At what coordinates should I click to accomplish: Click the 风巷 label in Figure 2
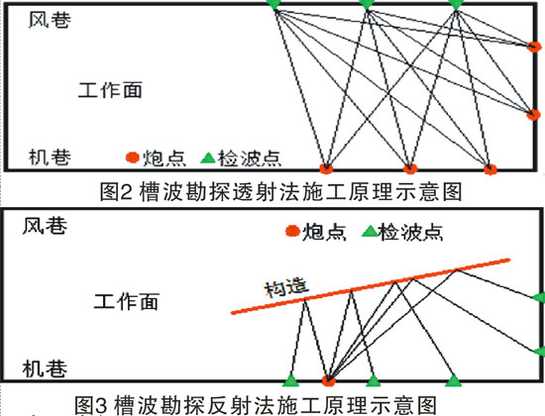click(x=50, y=20)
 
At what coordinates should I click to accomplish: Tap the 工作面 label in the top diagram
click(x=110, y=90)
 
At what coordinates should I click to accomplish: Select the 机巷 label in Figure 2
click(x=50, y=157)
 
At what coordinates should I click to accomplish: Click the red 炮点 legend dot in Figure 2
click(x=133, y=157)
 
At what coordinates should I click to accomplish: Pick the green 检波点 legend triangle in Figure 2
click(x=208, y=158)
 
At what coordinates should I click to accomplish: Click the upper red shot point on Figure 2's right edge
click(x=534, y=47)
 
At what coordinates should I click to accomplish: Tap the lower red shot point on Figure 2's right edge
click(x=533, y=114)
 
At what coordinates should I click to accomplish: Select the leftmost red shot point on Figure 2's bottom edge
click(x=326, y=168)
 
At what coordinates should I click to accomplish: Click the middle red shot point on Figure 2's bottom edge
click(x=410, y=169)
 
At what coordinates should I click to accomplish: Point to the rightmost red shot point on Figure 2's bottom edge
click(x=490, y=169)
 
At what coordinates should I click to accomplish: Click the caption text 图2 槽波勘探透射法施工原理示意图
click(x=280, y=192)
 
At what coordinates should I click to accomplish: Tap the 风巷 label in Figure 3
click(x=45, y=226)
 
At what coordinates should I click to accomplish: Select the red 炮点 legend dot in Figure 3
click(x=292, y=231)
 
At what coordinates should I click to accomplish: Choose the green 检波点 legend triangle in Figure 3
click(x=370, y=232)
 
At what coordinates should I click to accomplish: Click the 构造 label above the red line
click(x=286, y=288)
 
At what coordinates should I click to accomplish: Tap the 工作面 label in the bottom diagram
click(x=127, y=301)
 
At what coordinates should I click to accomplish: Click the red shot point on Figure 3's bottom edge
click(x=328, y=381)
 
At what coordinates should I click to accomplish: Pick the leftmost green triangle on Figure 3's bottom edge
click(x=291, y=380)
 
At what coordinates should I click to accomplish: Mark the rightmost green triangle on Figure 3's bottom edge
click(x=453, y=380)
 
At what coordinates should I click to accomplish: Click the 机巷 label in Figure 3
click(x=45, y=368)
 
